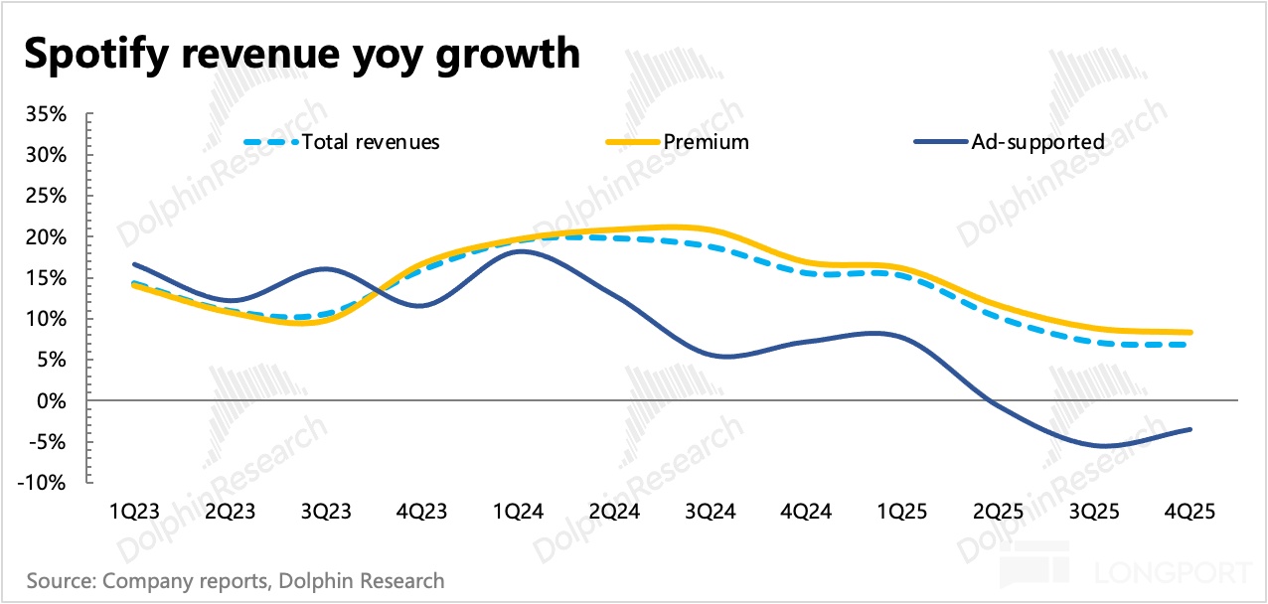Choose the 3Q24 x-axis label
pyautogui.click(x=711, y=512)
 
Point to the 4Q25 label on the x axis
pyautogui.click(x=1191, y=512)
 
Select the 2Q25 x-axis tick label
pyautogui.click(x=999, y=512)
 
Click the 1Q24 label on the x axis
pyautogui.click(x=518, y=512)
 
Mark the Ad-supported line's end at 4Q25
pyautogui.click(x=1190, y=429)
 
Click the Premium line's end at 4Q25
pyautogui.click(x=1190, y=333)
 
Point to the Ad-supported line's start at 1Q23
pyautogui.click(x=133, y=264)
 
